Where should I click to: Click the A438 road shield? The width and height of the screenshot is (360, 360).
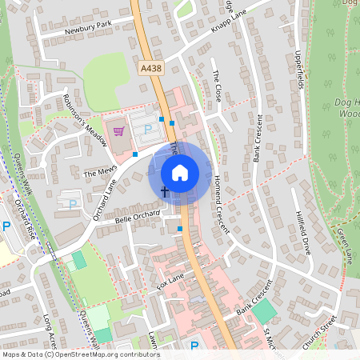coord(150,70)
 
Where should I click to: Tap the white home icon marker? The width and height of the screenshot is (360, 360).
coord(180,172)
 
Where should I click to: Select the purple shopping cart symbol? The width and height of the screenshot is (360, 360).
coord(119,131)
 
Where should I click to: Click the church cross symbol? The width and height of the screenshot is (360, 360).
coord(165,192)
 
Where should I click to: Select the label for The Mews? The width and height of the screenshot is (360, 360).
coord(100,172)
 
